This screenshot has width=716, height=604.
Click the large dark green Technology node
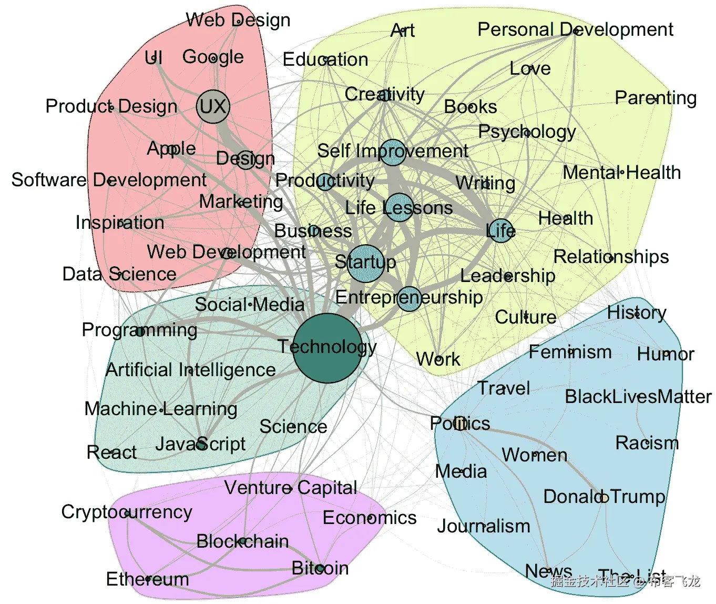[327, 348]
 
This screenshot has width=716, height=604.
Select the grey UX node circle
[213, 107]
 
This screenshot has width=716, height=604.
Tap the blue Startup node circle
[365, 263]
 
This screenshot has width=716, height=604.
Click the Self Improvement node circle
[392, 152]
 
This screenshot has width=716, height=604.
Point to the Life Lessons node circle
[399, 207]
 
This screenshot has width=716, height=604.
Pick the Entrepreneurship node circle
[409, 298]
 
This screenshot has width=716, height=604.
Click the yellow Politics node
[460, 423]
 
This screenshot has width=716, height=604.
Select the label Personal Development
[575, 30]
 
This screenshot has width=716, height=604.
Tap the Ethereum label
[147, 579]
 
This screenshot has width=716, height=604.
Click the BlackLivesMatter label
[638, 397]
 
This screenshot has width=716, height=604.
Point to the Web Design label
[238, 21]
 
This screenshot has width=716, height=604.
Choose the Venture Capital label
[291, 488]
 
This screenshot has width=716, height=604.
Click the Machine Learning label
[161, 409]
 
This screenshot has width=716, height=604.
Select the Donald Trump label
[604, 497]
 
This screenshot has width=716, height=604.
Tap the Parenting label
[656, 98]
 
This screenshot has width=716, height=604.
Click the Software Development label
[109, 180]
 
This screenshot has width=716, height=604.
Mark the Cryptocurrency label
[127, 512]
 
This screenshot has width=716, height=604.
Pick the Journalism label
[484, 526]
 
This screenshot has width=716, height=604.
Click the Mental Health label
[621, 173]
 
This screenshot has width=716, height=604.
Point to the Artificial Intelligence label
[190, 370]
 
